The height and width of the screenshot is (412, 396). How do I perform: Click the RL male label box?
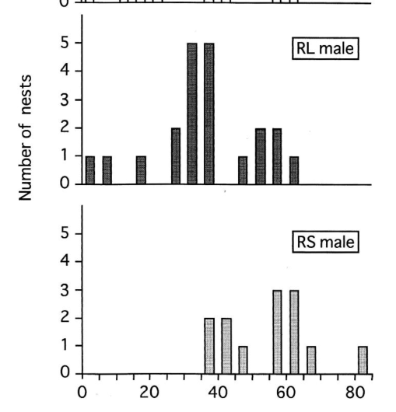325,49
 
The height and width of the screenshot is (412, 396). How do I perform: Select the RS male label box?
325,242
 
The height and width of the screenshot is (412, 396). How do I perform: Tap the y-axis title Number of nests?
26,138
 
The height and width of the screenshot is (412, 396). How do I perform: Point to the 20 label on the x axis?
149,393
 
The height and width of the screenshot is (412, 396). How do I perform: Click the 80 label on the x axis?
356,393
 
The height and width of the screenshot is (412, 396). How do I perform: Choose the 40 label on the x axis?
218,393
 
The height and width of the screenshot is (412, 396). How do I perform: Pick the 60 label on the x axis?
286,393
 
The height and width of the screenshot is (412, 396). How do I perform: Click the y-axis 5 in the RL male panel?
65,43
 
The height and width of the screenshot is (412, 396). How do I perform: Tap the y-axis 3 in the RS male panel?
65,290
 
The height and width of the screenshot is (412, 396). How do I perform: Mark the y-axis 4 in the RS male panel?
65,261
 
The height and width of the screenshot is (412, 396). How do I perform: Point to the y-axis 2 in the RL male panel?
65,128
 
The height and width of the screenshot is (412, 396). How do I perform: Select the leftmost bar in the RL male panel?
90,170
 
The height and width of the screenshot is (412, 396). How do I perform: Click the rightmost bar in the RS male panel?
363,360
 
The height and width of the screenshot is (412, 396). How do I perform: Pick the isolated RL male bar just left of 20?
141,170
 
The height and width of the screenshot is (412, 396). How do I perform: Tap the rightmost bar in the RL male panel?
294,170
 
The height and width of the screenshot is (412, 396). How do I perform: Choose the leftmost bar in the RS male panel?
209,346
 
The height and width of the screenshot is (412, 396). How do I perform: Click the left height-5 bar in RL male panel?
192,113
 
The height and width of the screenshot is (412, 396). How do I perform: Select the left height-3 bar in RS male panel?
277,332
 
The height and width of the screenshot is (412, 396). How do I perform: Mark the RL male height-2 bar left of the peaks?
176,156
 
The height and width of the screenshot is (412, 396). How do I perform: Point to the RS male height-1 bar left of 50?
244,360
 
